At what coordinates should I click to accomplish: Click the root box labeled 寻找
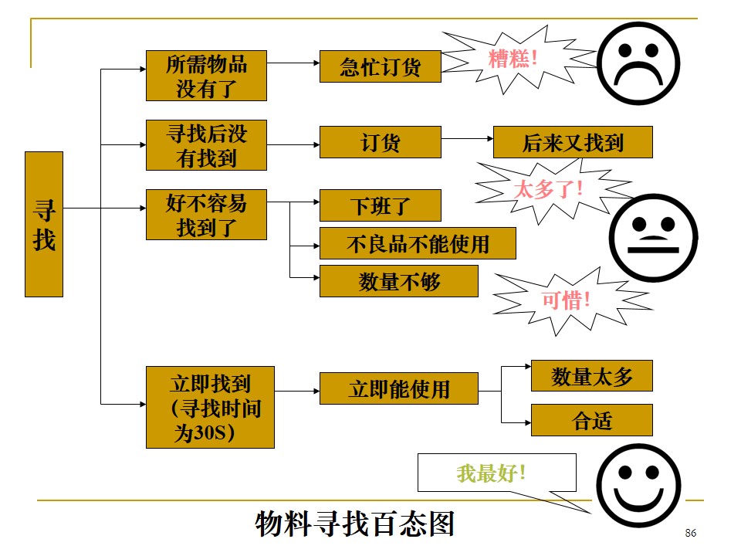pos(44,224)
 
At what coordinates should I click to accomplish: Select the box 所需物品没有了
pos(206,76)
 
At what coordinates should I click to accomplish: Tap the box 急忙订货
pos(380,66)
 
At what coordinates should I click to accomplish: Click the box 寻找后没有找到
pos(206,145)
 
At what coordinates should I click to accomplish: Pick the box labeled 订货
pos(380,142)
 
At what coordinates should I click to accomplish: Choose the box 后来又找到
pos(572,142)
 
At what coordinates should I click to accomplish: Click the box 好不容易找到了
pos(206,215)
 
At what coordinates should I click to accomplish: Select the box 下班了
pos(380,205)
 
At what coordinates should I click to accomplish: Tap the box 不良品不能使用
pos(418,243)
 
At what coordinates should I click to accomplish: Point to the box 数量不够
pos(398,281)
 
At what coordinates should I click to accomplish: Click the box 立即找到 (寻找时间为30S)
pos(210,407)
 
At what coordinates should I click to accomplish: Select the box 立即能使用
pos(398,388)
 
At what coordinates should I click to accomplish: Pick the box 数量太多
pos(591,376)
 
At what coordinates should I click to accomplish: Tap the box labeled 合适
pos(591,420)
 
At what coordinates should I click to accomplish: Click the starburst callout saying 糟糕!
pos(513,59)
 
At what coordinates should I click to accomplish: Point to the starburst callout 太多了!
pos(549,188)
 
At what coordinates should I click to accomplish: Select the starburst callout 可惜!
pos(566,300)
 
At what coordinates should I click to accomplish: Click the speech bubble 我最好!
pos(496,473)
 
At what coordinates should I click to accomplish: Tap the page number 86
pos(690,534)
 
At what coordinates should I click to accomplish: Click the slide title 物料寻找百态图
pos(355,524)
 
